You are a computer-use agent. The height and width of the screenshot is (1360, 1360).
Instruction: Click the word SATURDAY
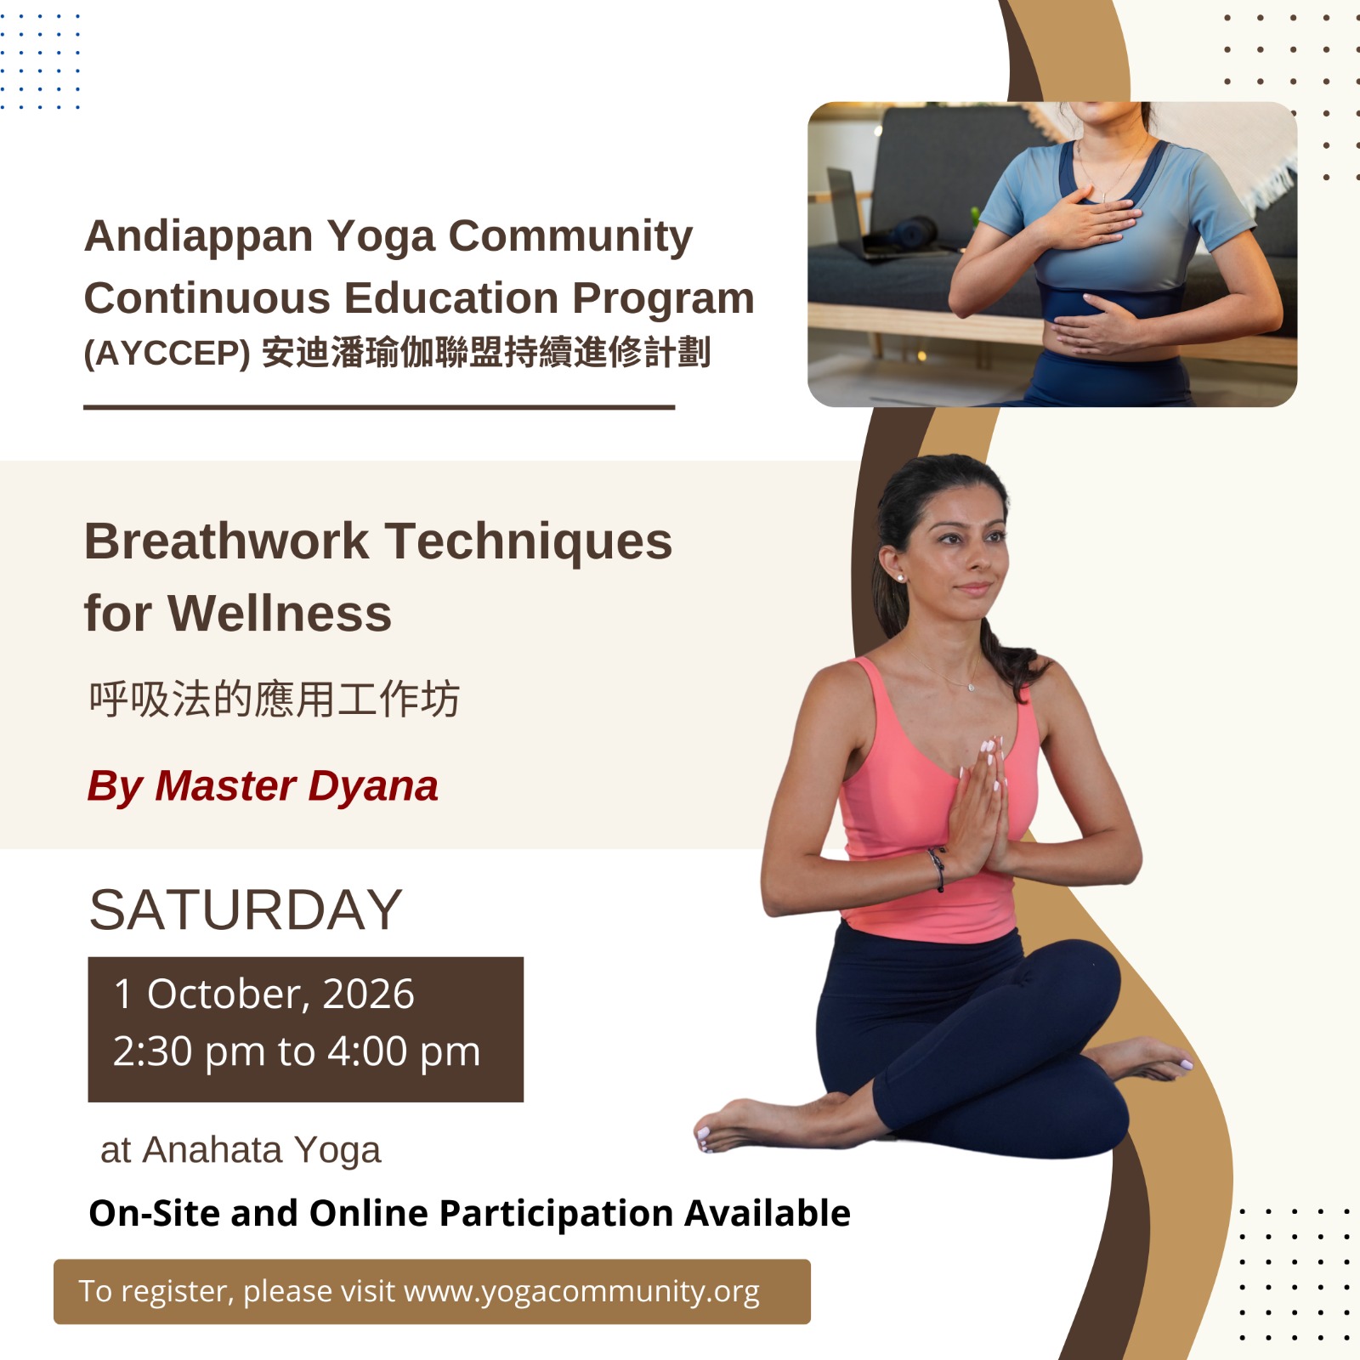246,909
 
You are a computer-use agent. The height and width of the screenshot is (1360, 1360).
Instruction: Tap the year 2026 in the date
368,994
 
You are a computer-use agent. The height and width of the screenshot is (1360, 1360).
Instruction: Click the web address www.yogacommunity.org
581,1291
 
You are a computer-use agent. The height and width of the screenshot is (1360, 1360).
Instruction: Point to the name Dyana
373,786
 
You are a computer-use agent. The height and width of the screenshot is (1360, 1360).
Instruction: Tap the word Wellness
280,614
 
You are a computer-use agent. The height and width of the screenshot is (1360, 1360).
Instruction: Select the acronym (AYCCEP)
167,353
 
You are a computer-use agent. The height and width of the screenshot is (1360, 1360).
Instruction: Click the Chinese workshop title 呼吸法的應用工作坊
274,700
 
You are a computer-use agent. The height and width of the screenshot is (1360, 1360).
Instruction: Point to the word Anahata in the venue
212,1150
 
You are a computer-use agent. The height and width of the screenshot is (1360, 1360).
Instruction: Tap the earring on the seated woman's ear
900,578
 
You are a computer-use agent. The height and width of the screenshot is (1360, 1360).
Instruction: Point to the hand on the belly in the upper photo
1096,325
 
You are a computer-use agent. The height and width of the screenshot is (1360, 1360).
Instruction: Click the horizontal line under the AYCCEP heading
379,407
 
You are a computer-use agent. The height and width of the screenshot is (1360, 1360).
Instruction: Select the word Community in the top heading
570,237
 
